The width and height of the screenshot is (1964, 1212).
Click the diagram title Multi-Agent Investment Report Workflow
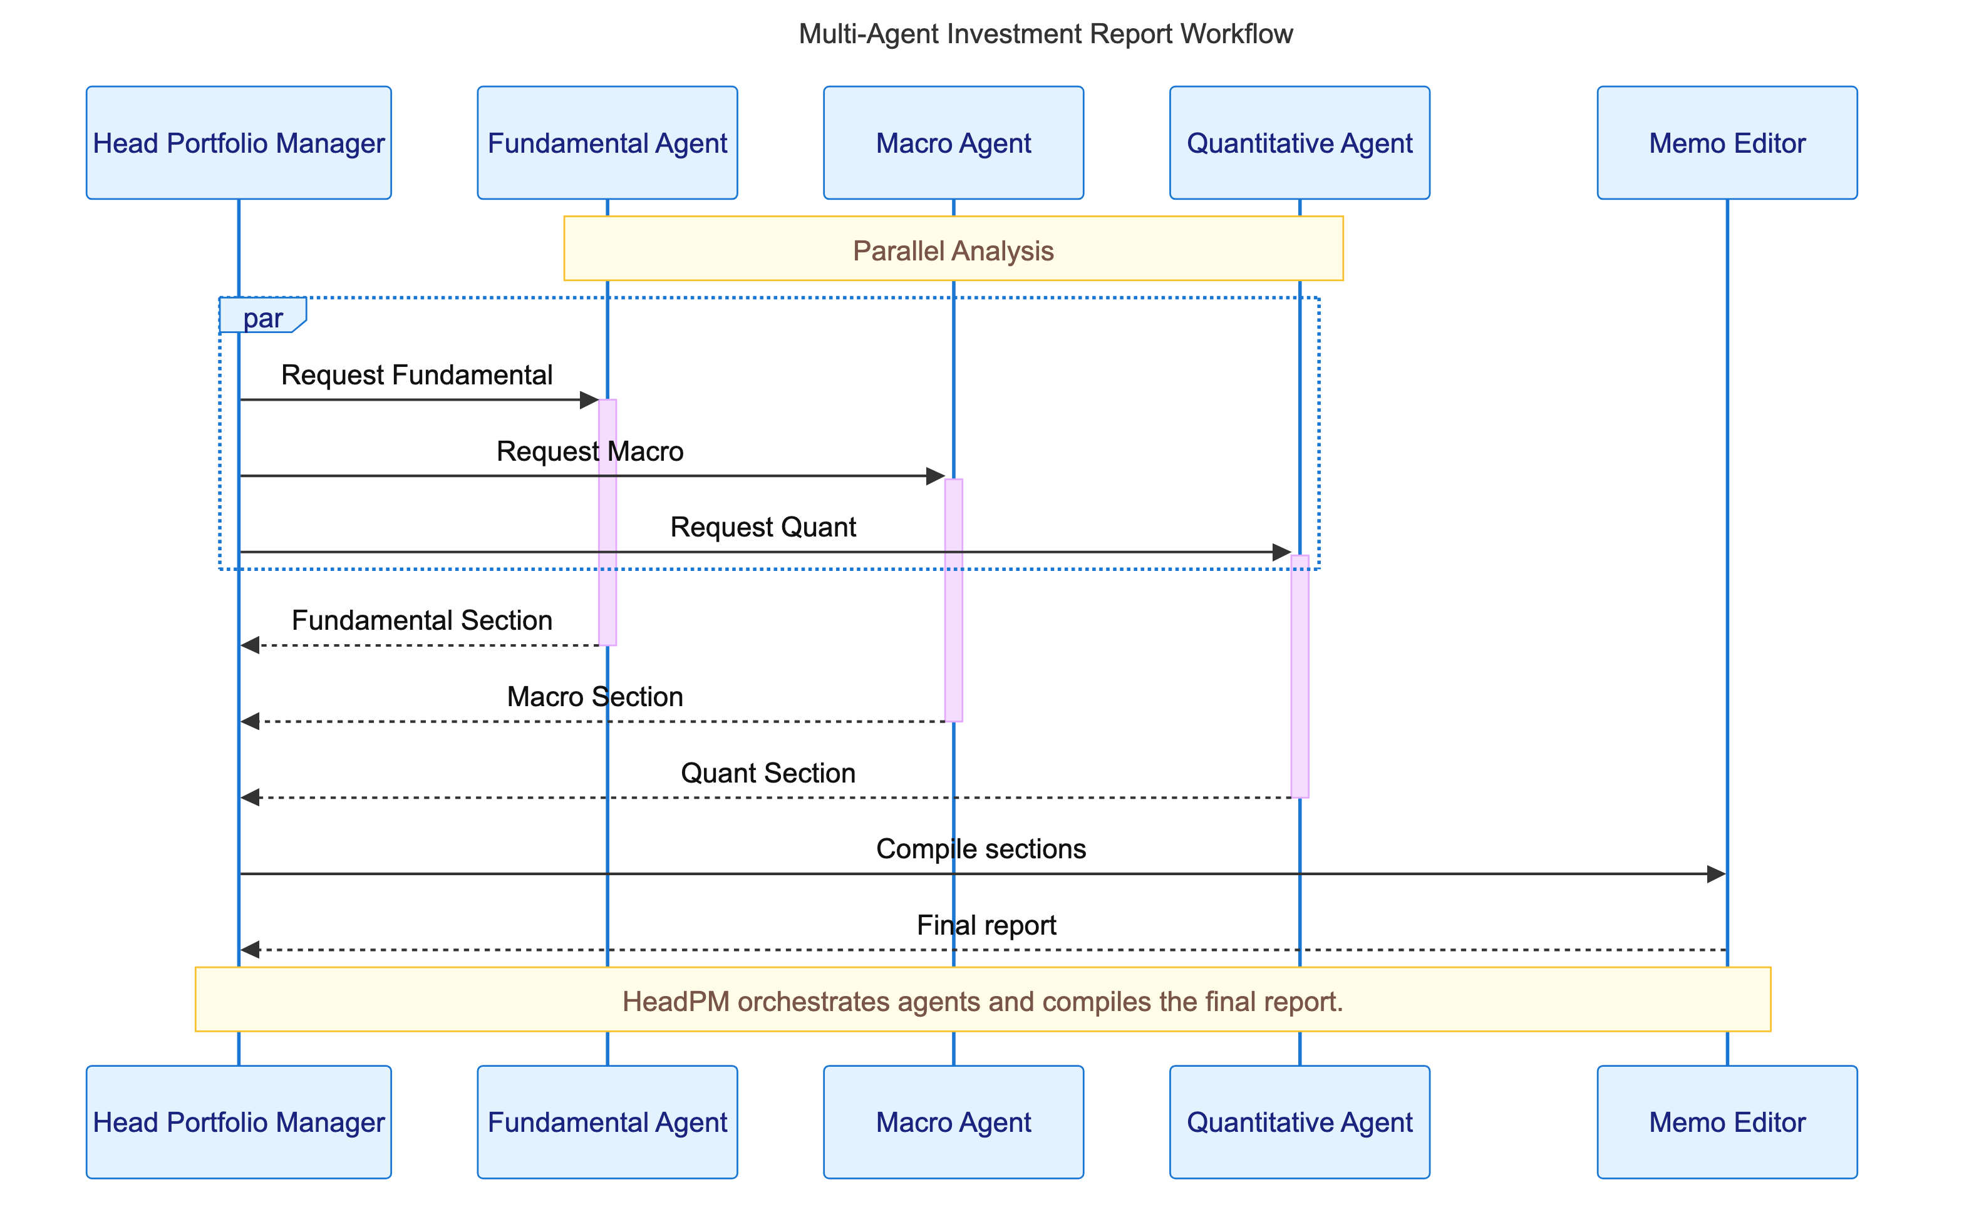click(x=1045, y=34)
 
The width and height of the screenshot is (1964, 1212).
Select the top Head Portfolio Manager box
click(x=238, y=143)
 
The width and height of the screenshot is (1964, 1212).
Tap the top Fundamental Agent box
click(x=607, y=143)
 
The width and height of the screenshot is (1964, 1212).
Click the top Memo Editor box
click(x=1727, y=143)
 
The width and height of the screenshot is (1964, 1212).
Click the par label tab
click(x=262, y=317)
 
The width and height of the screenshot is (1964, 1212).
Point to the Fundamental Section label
click(x=421, y=620)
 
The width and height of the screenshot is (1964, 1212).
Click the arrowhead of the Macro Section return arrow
click(x=250, y=721)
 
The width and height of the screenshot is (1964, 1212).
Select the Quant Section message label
click(x=767, y=772)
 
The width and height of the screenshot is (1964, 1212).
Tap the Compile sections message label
click(x=980, y=848)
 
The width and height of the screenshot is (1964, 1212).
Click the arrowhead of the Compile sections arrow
click(x=1715, y=874)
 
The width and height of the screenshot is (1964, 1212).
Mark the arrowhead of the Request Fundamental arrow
click(x=589, y=400)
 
